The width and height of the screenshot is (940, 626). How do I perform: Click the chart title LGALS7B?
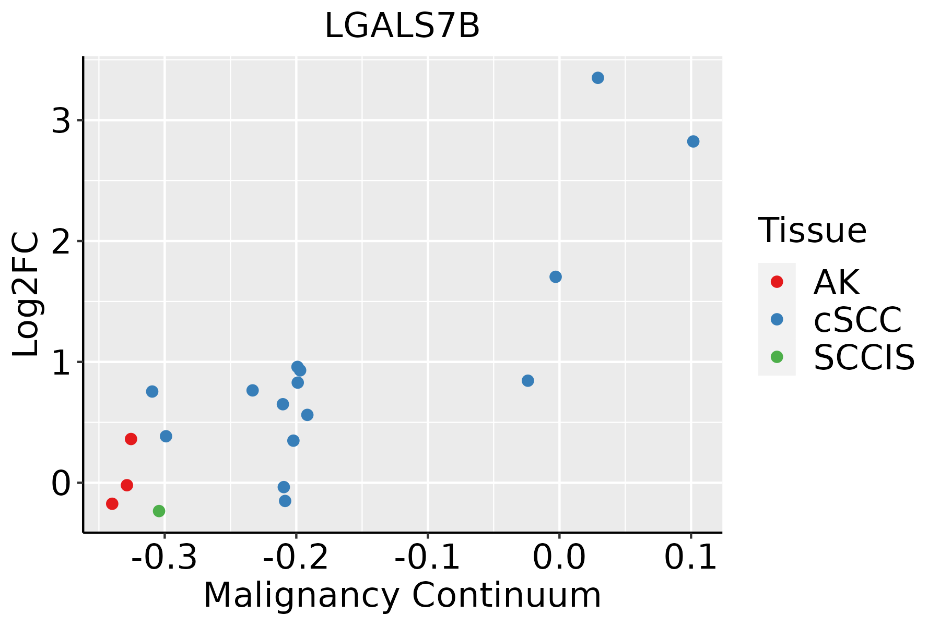[402, 26]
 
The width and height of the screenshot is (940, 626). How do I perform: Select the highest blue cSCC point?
[598, 78]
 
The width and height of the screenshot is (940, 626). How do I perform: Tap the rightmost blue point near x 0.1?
[693, 141]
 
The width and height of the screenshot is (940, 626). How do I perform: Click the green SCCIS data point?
[159, 511]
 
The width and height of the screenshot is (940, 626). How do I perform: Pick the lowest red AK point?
[112, 503]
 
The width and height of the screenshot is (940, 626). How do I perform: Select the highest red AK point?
[131, 439]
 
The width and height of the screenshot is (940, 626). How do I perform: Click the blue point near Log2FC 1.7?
[556, 276]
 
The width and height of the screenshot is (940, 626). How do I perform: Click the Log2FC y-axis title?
[26, 295]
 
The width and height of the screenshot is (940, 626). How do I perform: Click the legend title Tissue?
[812, 230]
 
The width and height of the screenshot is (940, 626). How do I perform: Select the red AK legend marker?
[777, 282]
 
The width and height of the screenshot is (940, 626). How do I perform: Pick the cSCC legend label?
[857, 319]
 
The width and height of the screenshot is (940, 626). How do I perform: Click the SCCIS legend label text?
[864, 357]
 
